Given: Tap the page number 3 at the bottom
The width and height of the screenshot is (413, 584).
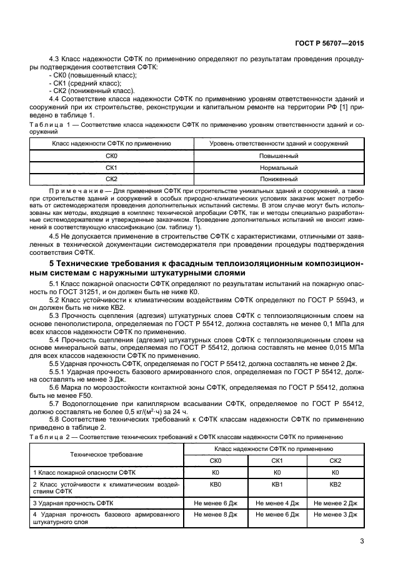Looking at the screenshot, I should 362,541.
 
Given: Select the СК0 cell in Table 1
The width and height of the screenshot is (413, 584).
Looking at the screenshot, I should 111,156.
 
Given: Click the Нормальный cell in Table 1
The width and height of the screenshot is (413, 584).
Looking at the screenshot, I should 279,167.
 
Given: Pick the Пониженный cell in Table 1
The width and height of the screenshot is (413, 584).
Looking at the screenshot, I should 279,179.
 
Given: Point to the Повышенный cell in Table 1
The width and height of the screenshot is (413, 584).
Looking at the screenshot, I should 279,156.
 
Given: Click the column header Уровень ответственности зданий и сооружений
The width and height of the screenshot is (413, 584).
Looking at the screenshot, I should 279,144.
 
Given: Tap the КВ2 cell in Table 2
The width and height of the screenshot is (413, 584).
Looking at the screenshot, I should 335,484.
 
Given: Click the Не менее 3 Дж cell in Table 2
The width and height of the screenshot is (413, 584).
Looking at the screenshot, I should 335,515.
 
